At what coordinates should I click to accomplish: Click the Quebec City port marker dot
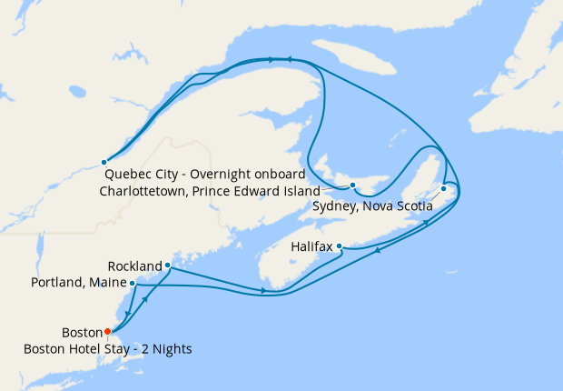tap(104, 163)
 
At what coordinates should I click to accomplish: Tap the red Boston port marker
tap(107, 331)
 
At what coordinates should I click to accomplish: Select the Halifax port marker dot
tap(339, 246)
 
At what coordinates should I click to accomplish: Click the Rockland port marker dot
tap(168, 266)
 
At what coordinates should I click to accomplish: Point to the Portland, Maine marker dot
tap(133, 283)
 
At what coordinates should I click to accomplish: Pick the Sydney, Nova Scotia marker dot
tap(443, 189)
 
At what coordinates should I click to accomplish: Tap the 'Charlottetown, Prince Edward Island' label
tap(209, 192)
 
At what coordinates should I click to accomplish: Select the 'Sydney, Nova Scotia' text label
tap(371, 206)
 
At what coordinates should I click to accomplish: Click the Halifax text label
tap(311, 246)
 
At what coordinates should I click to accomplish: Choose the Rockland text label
tap(133, 266)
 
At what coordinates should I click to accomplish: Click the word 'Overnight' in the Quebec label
tap(212, 175)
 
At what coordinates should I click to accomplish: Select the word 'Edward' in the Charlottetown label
tap(257, 192)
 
